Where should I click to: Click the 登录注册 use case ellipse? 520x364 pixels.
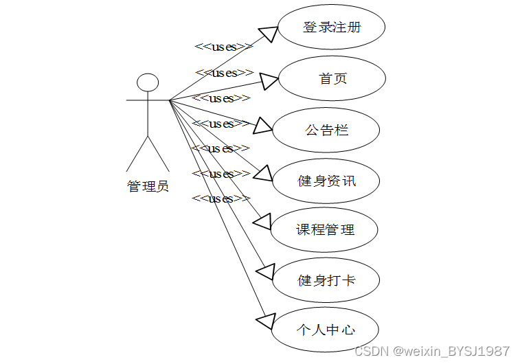click(x=331, y=28)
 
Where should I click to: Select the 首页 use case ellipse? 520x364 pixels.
click(x=332, y=78)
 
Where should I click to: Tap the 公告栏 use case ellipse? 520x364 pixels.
click(x=327, y=129)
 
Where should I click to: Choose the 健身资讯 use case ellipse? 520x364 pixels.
click(x=326, y=181)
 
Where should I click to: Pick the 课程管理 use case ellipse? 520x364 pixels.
click(x=325, y=229)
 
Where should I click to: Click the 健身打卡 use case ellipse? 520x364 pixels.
click(x=326, y=280)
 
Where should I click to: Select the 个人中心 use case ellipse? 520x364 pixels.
click(x=325, y=330)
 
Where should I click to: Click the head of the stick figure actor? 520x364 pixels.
click(x=148, y=83)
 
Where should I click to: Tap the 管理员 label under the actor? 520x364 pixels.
click(x=148, y=186)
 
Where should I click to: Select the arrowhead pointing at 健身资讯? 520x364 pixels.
click(x=264, y=173)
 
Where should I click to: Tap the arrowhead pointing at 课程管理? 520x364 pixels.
click(x=263, y=220)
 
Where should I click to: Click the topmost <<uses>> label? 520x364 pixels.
click(x=224, y=47)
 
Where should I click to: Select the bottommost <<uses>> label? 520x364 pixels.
click(x=221, y=198)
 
